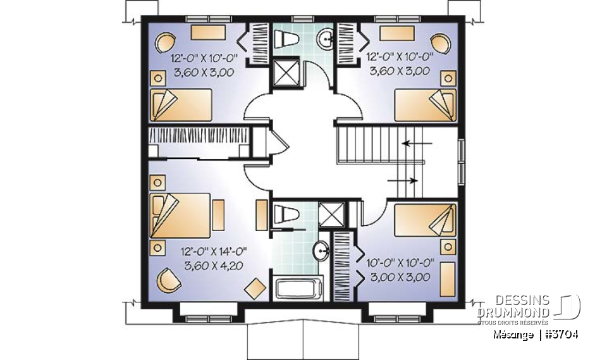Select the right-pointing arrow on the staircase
click(x=402, y=180)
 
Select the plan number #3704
click(x=562, y=334)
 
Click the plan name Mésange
click(x=510, y=334)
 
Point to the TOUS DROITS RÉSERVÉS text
click(x=513, y=322)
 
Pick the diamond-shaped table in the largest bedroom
click(x=254, y=289)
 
